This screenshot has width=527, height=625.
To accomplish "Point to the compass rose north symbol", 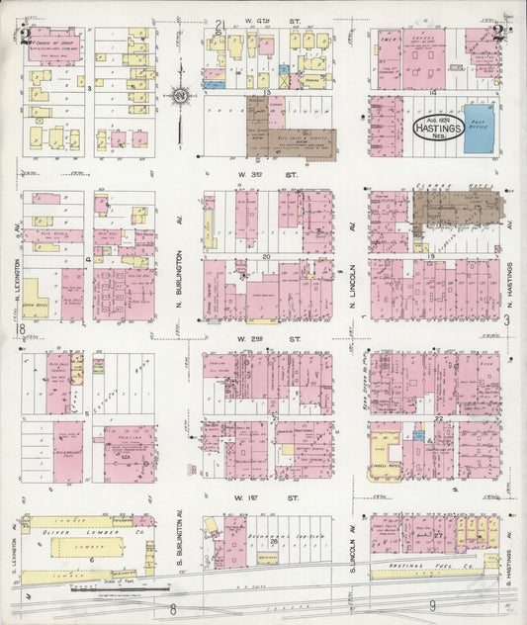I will (x=179, y=96).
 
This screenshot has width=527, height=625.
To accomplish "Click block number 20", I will (x=266, y=255).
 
